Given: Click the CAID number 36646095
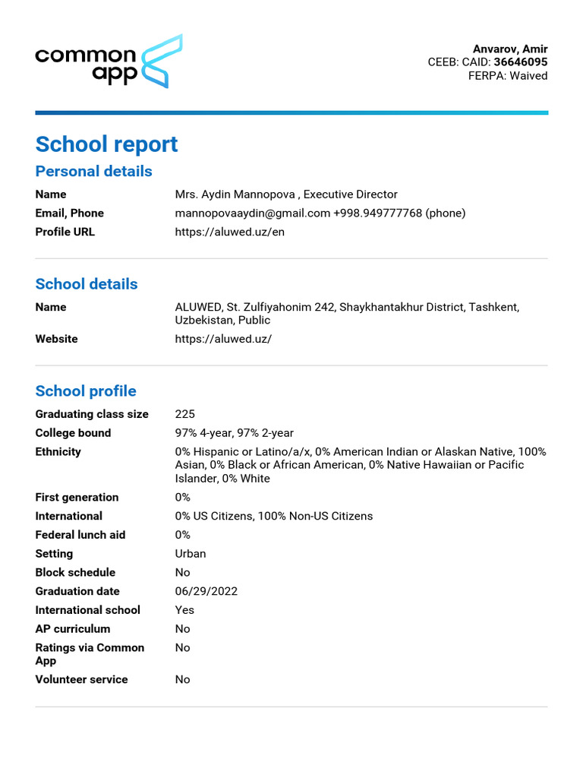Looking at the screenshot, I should click(520, 62).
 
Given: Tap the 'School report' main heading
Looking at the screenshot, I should click(106, 144).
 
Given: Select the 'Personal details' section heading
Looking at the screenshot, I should click(93, 171).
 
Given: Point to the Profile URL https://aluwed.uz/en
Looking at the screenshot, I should click(229, 232).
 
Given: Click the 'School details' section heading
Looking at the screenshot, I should click(87, 284).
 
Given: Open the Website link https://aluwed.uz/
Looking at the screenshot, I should click(222, 339).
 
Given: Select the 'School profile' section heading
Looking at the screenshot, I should click(86, 391).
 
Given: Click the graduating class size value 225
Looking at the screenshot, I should click(184, 414).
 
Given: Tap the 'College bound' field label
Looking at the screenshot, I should click(73, 433).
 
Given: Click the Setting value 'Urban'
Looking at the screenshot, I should click(190, 554).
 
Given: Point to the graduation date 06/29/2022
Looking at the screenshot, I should click(206, 591).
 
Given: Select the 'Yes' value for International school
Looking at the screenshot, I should click(184, 610).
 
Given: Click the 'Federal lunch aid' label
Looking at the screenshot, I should click(80, 535).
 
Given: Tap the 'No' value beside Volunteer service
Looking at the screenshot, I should click(182, 680).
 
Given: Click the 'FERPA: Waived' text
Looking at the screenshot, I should click(507, 76).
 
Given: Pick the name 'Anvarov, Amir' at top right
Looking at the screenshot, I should click(510, 49).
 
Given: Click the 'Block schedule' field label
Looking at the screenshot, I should click(75, 573).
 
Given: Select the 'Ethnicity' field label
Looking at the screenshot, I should click(58, 452).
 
